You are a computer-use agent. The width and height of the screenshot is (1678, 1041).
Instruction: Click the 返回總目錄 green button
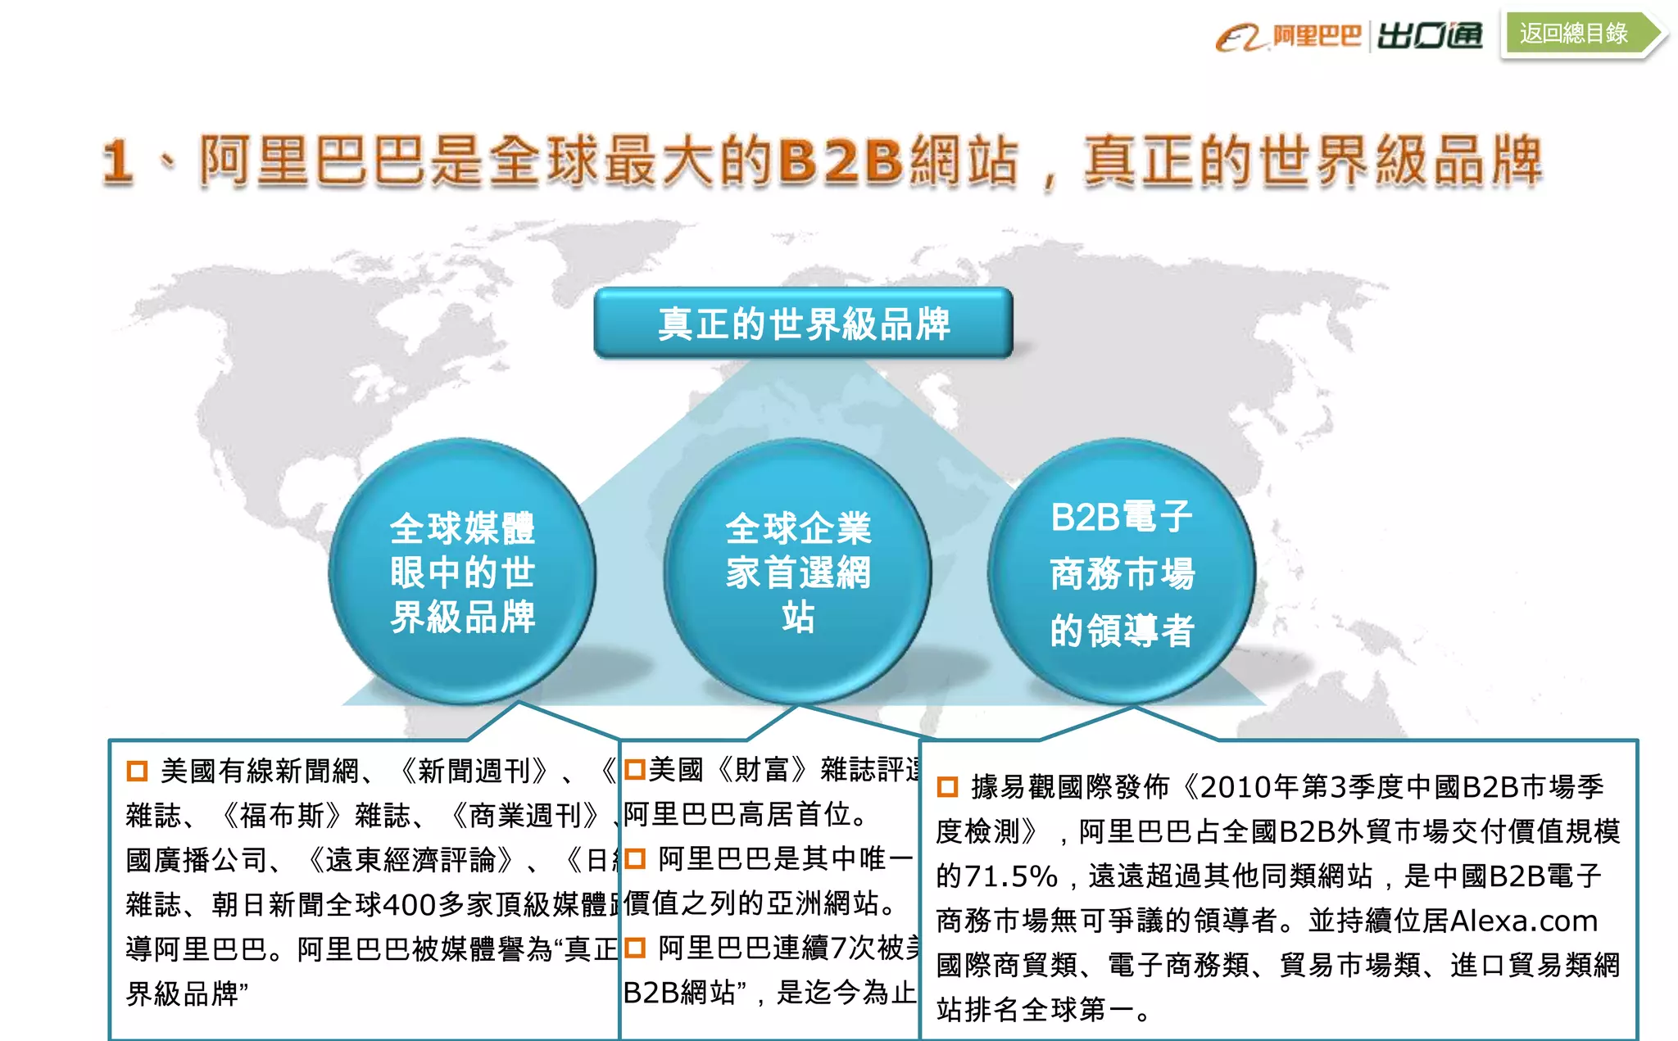(x=1575, y=34)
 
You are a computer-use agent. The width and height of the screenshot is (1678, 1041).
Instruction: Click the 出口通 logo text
(x=1430, y=36)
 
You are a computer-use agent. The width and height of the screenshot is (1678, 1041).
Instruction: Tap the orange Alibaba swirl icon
(x=1240, y=38)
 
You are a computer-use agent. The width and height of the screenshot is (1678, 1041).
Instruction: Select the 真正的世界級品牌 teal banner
(x=803, y=324)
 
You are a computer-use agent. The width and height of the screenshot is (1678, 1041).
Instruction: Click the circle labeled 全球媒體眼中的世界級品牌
(x=462, y=572)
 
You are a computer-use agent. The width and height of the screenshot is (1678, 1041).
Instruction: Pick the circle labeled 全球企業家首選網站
(x=797, y=572)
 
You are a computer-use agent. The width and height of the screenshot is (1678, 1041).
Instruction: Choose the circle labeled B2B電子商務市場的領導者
(x=1122, y=572)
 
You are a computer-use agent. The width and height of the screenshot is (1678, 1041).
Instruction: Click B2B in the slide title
(x=841, y=160)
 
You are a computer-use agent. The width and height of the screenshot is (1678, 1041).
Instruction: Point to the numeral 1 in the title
(x=117, y=161)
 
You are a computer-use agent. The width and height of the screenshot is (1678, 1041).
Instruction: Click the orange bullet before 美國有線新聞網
(x=137, y=771)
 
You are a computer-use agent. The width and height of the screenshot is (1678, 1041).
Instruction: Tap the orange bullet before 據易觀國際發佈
(x=947, y=787)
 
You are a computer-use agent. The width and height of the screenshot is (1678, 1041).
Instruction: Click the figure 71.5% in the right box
(x=1010, y=876)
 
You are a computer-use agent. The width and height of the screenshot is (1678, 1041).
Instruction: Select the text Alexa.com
(x=1523, y=921)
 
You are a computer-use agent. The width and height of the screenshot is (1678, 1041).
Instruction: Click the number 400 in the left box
(x=409, y=905)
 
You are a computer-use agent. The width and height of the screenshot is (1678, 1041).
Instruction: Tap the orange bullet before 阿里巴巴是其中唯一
(x=635, y=859)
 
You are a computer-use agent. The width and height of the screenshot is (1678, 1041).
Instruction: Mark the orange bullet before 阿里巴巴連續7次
(x=635, y=948)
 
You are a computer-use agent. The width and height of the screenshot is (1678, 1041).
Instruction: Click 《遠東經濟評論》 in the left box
(x=411, y=860)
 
